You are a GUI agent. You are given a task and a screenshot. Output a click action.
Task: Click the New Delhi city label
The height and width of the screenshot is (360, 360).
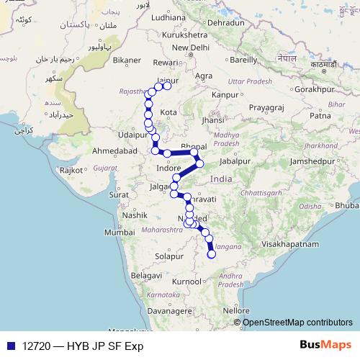190,48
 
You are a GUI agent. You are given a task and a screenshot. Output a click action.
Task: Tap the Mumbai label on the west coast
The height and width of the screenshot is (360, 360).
119,233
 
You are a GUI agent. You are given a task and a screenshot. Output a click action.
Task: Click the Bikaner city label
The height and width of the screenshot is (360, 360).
127,60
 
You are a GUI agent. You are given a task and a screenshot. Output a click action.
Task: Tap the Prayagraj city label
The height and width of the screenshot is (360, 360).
266,107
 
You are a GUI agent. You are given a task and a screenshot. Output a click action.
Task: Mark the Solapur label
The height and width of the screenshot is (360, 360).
170,255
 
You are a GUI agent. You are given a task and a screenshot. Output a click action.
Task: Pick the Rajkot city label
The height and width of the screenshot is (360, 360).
72,171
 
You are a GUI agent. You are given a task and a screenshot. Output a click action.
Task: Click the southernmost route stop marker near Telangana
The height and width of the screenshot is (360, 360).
212,253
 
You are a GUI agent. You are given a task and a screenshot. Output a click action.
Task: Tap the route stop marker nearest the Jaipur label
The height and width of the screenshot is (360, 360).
167,86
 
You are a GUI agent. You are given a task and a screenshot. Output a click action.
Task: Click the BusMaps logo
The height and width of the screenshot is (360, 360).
329,346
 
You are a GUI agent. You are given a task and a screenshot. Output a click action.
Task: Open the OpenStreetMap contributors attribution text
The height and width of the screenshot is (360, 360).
297,322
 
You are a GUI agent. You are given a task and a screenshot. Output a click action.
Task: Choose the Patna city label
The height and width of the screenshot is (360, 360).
319,114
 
